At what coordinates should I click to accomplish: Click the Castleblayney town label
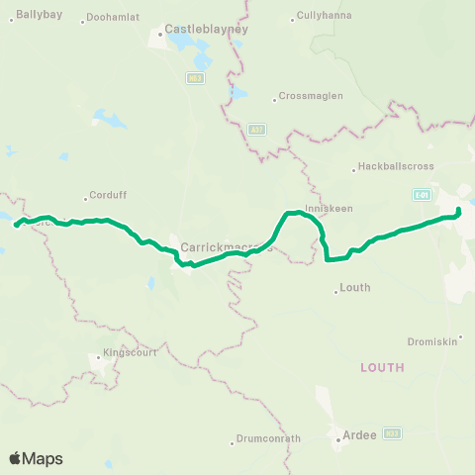click(195, 30)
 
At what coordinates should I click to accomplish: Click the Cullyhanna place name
click(327, 17)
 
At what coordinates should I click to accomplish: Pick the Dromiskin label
click(431, 341)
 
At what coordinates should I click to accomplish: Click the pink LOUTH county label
click(382, 366)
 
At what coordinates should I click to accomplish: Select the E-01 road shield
click(424, 195)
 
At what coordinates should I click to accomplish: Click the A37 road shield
click(258, 129)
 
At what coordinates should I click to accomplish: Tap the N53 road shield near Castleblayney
click(195, 77)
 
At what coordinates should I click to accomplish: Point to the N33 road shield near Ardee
click(393, 432)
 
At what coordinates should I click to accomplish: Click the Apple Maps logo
click(36, 458)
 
